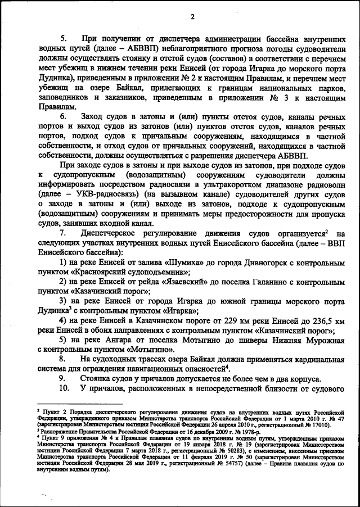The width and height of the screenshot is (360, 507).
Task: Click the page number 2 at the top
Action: (x=192, y=16)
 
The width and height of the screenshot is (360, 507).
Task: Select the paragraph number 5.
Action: (x=63, y=38)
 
